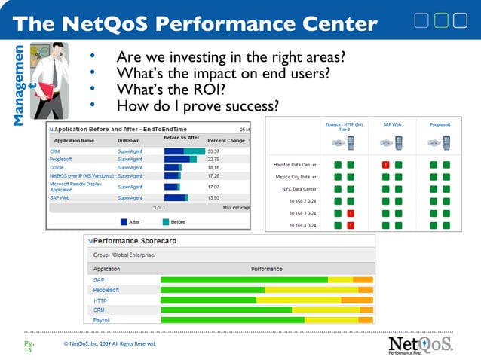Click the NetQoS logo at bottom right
[x=421, y=345]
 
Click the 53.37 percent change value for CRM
[x=215, y=151]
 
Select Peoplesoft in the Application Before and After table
[x=63, y=159]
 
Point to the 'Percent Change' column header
[x=227, y=140]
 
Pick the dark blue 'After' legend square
[x=124, y=221]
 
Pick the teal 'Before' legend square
[x=166, y=221]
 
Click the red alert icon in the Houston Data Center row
[x=385, y=164]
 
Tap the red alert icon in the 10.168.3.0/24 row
[x=350, y=214]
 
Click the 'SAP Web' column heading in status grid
[x=391, y=124]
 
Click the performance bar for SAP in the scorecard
[x=267, y=280]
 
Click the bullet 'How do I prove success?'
[x=197, y=105]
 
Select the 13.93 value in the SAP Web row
[x=215, y=197]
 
